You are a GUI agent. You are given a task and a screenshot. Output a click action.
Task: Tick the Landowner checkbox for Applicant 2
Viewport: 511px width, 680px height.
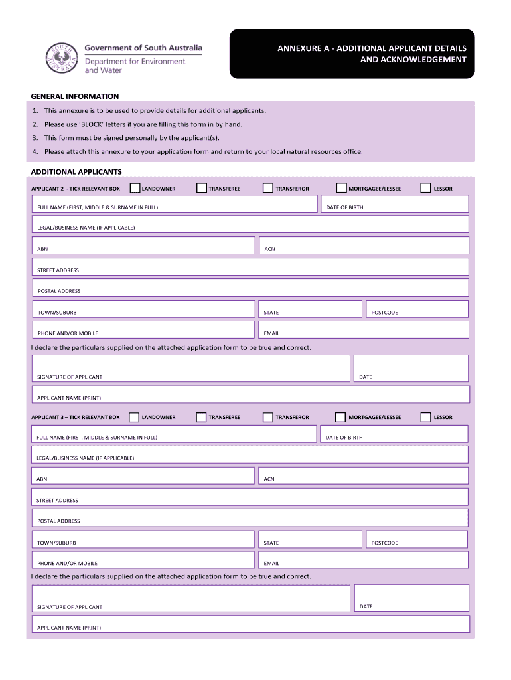click(135, 189)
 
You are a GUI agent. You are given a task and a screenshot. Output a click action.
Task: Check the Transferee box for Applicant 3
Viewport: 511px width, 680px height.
click(201, 417)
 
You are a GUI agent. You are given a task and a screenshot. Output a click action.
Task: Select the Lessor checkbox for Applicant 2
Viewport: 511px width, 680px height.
click(427, 189)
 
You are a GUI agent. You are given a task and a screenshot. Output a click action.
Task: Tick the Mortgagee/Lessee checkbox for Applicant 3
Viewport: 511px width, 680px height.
click(340, 417)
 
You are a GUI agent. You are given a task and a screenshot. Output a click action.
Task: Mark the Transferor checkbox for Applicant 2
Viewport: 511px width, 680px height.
click(268, 189)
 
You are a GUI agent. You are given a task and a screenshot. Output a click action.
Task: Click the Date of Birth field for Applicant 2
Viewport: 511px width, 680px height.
click(395, 204)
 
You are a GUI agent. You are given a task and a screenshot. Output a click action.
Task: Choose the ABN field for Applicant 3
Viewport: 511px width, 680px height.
click(143, 475)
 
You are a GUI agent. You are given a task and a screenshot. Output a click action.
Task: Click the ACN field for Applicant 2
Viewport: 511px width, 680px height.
click(363, 246)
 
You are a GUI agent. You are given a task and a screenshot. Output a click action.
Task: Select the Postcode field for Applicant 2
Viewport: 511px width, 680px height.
click(417, 309)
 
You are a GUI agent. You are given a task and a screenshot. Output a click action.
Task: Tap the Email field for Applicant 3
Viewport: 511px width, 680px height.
click(363, 560)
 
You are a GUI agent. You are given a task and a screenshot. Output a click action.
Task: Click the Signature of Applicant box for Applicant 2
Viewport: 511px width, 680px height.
click(191, 369)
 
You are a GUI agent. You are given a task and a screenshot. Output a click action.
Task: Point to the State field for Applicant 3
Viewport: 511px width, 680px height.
click(309, 539)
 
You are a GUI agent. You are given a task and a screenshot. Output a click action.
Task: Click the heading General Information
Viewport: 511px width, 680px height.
click(75, 96)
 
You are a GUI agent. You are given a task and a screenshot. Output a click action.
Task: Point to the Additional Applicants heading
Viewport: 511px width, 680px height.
click(76, 171)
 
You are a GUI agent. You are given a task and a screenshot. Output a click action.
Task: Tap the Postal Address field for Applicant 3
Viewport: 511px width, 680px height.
click(250, 518)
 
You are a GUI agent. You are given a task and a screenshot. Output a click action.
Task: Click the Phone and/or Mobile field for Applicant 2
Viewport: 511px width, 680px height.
click(143, 330)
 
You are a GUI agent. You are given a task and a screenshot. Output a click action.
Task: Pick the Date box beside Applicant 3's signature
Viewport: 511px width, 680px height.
click(411, 598)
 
